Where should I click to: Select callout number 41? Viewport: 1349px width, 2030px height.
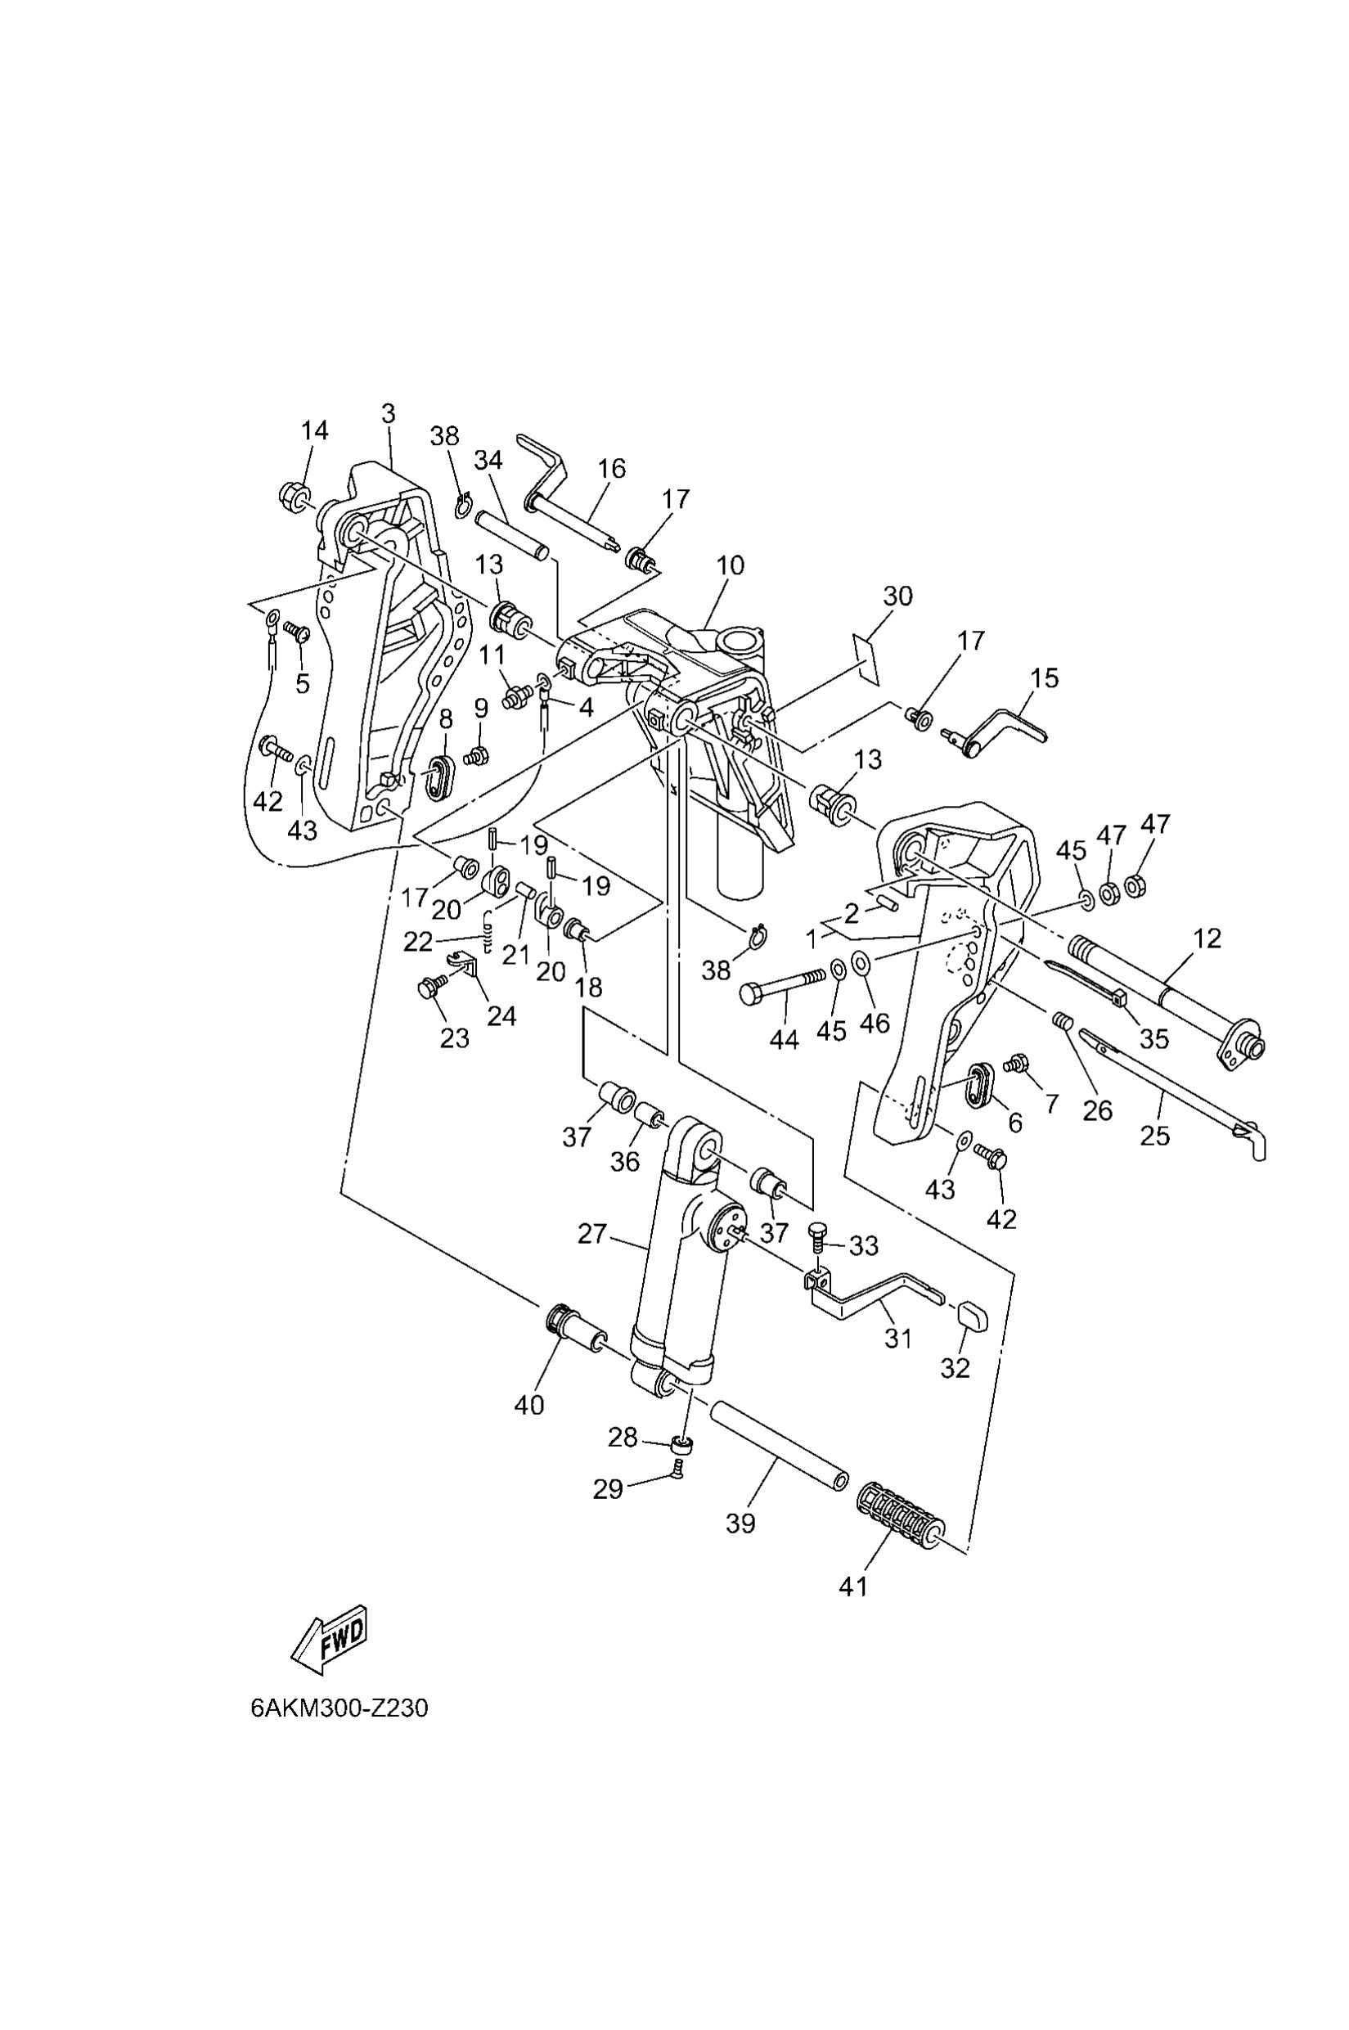pos(853,1586)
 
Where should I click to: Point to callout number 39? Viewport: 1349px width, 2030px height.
pos(740,1524)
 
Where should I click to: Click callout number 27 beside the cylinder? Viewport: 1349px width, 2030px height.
pos(592,1234)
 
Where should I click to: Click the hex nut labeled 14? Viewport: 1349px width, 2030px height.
pos(295,495)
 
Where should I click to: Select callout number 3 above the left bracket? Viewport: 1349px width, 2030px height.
pos(388,414)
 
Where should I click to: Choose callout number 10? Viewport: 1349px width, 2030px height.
pos(730,565)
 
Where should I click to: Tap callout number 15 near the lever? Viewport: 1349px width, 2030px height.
pos(1045,677)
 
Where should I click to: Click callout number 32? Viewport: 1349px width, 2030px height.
pos(955,1368)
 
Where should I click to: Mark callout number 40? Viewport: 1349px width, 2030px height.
pos(529,1404)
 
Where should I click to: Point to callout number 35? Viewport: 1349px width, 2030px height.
pos(1153,1039)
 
